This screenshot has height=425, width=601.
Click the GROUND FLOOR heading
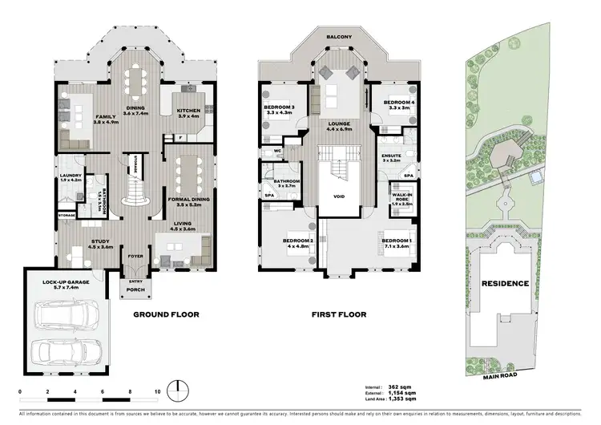tap(166, 315)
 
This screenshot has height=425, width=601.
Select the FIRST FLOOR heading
tap(333, 315)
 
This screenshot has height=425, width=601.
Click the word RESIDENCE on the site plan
tap(504, 283)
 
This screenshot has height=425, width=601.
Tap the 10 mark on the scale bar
tap(158, 392)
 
